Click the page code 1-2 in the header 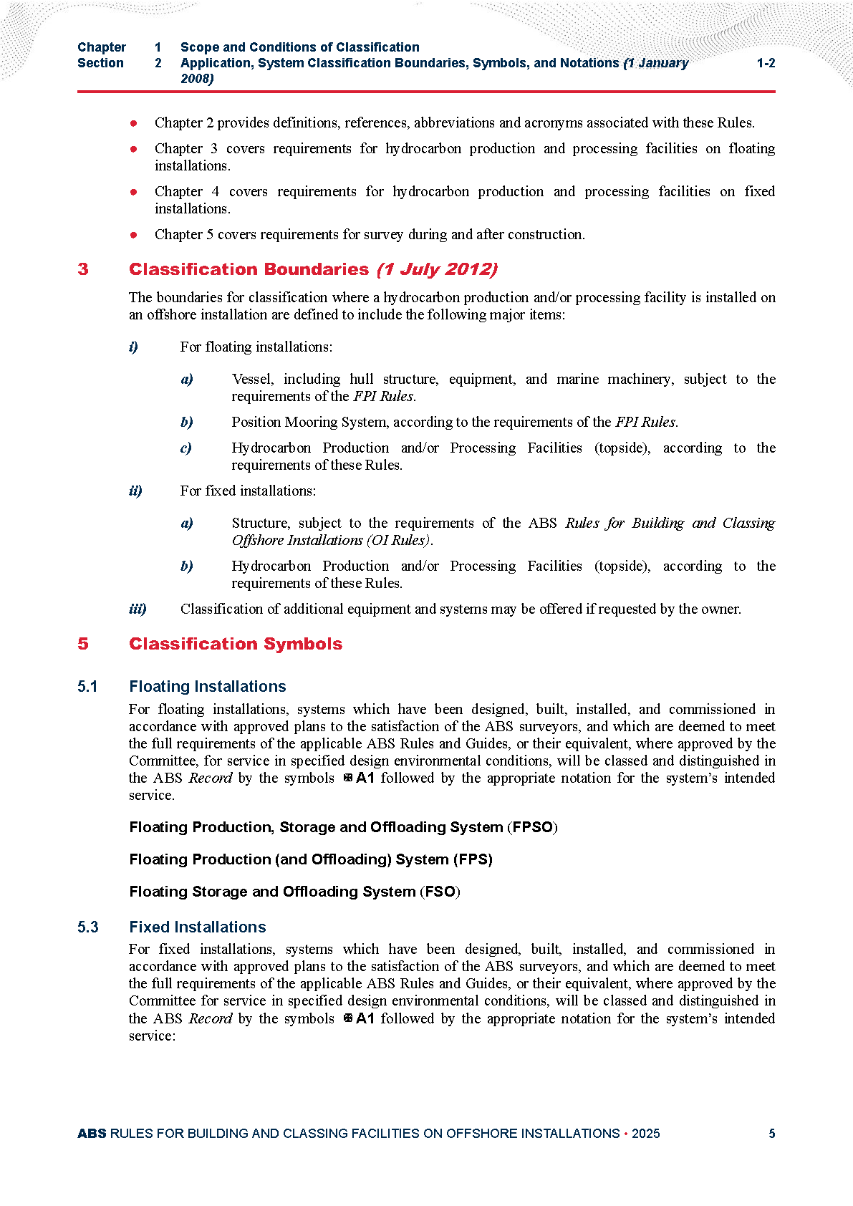tap(766, 63)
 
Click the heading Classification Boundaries tap(249, 269)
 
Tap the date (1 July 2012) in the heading tap(437, 269)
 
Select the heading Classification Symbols tap(236, 644)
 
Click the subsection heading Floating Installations tap(208, 686)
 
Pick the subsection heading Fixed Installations tap(198, 927)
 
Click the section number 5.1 tap(87, 687)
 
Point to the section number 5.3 tap(88, 927)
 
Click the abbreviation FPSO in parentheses tap(533, 827)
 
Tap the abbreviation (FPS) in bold tap(473, 859)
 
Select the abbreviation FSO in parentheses tap(440, 892)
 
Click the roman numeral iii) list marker tap(138, 609)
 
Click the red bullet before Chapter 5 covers tap(133, 235)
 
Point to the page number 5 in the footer tap(771, 1134)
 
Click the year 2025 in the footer tap(646, 1134)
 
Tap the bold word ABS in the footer tap(92, 1134)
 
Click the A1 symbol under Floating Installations tap(365, 778)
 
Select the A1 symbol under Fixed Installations tap(365, 1018)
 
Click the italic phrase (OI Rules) tap(400, 540)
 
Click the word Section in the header tap(100, 63)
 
